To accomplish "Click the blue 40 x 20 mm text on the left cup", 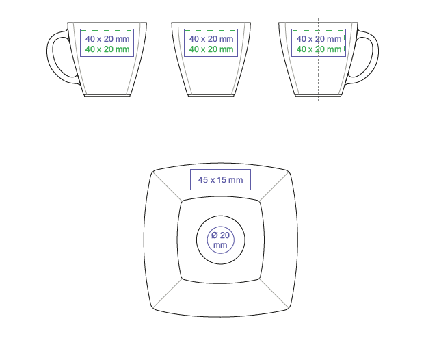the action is pos(107,39).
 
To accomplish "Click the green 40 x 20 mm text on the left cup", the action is pos(107,49).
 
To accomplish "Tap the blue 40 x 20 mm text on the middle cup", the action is pos(211,39).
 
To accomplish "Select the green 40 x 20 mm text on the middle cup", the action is pos(211,49).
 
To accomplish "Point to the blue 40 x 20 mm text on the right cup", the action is pos(319,39).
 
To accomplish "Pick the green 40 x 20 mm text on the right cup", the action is pos(319,49).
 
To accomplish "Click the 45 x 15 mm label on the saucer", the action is pos(220,180).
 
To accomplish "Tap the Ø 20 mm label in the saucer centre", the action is pos(220,240).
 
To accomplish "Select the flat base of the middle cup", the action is pos(211,95).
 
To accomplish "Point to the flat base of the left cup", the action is pos(107,95).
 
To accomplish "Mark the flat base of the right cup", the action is pos(318,95).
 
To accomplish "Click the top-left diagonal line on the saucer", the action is pos(168,186).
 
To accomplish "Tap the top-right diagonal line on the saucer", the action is pos(274,187).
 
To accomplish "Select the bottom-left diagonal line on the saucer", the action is pos(168,294).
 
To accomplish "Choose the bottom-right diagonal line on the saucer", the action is pos(274,294).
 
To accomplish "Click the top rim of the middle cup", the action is pos(211,23).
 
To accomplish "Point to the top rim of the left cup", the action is pos(107,23).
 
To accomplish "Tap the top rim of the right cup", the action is pos(318,23).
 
